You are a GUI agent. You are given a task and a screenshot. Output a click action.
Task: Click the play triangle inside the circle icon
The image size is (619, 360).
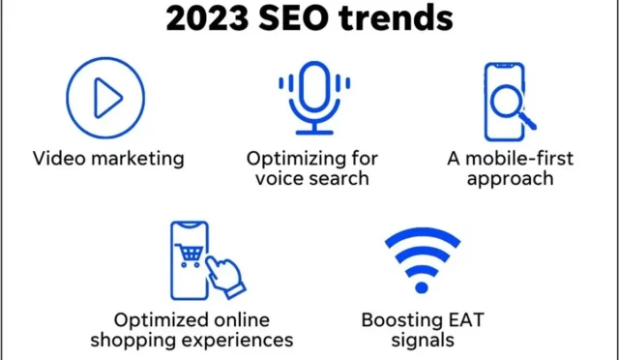click(x=107, y=98)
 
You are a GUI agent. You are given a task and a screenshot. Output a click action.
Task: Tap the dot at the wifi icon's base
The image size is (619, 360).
click(x=422, y=287)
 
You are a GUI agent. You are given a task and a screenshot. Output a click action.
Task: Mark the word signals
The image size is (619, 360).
click(x=422, y=339)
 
